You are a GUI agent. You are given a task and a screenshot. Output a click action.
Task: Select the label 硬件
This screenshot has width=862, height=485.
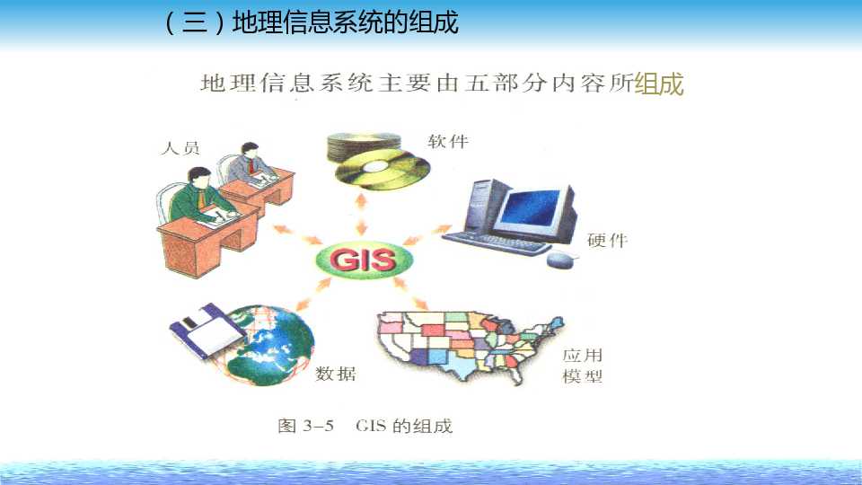tap(607, 240)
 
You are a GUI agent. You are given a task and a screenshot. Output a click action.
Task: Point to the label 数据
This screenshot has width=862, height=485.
tap(336, 373)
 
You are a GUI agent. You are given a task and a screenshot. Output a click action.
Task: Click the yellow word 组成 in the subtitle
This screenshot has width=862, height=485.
tap(658, 84)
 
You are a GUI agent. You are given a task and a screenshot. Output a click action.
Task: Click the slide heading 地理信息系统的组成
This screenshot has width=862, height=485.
tap(346, 22)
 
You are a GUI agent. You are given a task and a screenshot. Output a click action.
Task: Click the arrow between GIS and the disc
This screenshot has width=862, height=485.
tap(364, 222)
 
